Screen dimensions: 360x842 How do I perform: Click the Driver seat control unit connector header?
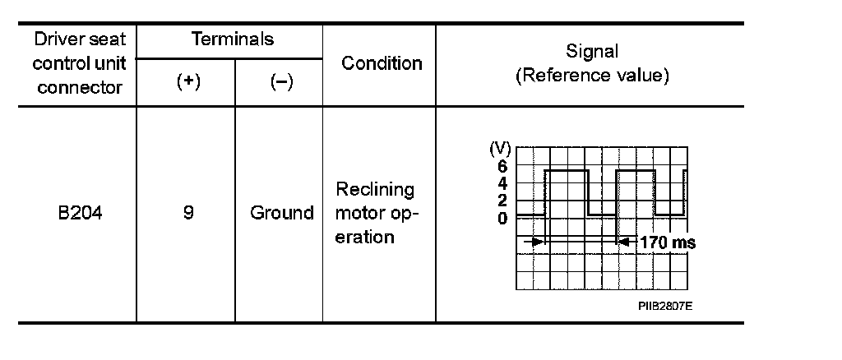pyautogui.click(x=79, y=63)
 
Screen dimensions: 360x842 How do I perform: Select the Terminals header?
pyautogui.click(x=232, y=39)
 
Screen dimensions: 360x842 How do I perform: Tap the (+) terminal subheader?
pyautogui.click(x=188, y=83)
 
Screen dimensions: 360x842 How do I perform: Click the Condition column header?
pyautogui.click(x=382, y=63)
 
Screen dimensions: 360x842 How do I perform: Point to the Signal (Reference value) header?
pyautogui.click(x=592, y=63)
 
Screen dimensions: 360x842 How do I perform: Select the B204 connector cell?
pyautogui.click(x=80, y=213)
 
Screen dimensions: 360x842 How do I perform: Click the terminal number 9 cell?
pyautogui.click(x=188, y=213)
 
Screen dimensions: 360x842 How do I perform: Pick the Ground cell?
pyautogui.click(x=282, y=213)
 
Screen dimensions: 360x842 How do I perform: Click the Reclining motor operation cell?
pyautogui.click(x=376, y=213)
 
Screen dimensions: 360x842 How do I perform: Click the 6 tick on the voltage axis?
pyautogui.click(x=502, y=164)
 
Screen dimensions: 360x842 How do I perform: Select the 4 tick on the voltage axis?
pyautogui.click(x=502, y=182)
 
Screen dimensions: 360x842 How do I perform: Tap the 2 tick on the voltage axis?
pyautogui.click(x=502, y=201)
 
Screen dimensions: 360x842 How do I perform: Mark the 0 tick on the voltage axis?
pyautogui.click(x=502, y=218)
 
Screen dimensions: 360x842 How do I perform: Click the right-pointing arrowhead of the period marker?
pyautogui.click(x=538, y=242)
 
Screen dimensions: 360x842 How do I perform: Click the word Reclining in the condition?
pyautogui.click(x=376, y=189)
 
